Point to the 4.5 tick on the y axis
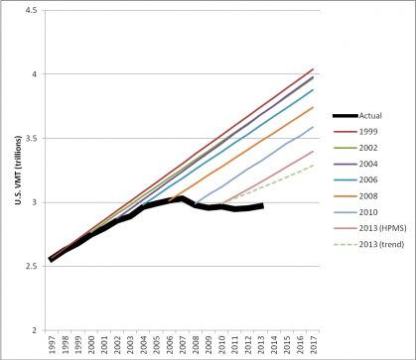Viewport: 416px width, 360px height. click(x=30, y=10)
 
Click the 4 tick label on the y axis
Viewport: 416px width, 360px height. click(x=34, y=74)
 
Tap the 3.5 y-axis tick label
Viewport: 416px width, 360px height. click(x=30, y=139)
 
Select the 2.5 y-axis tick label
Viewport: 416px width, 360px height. click(x=30, y=267)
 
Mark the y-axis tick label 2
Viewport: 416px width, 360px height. click(x=34, y=330)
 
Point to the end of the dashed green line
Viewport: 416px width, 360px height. click(x=315, y=165)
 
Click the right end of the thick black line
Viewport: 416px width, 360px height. click(x=262, y=205)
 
